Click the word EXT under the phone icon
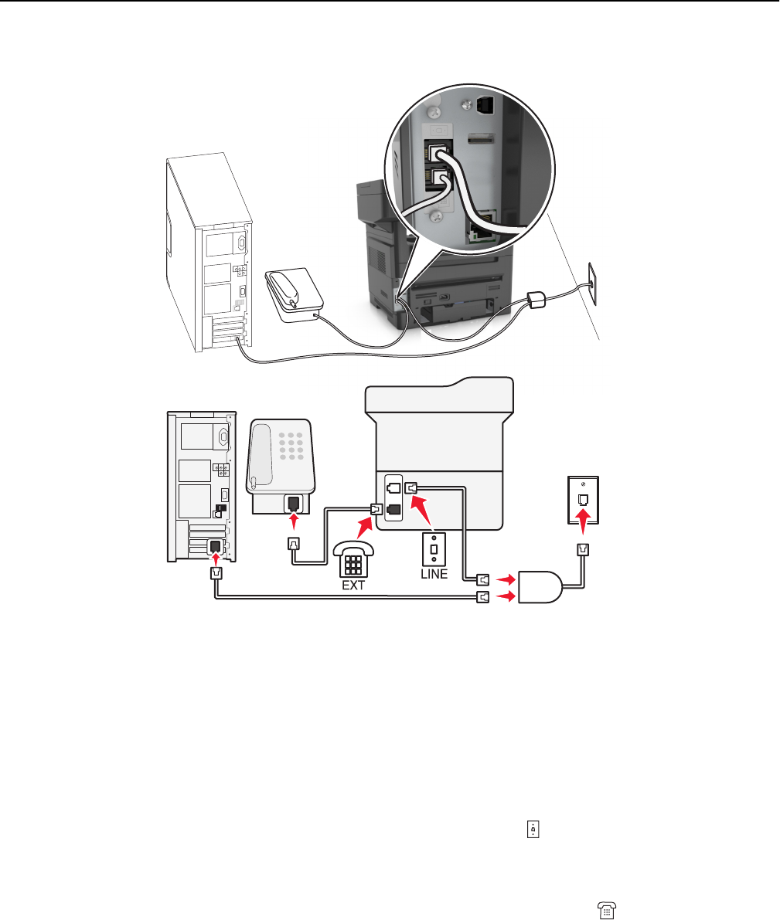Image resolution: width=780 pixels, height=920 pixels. (353, 585)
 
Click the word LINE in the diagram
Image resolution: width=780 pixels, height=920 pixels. (434, 574)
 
